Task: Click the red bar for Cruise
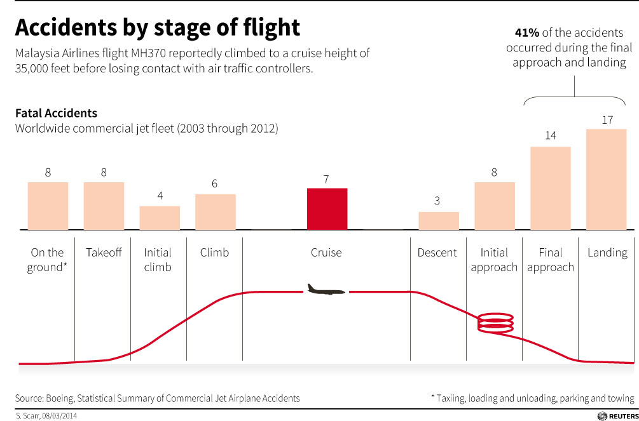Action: point(327,209)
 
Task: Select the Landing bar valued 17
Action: point(606,180)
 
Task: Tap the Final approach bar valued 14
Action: point(551,188)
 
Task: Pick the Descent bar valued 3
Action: point(439,221)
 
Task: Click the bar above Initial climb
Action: point(160,218)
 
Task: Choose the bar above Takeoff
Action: point(104,206)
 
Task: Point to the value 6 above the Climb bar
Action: point(215,184)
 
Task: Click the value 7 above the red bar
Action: point(326,179)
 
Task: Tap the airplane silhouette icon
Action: point(326,290)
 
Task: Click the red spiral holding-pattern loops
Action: point(497,322)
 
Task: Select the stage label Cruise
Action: point(326,253)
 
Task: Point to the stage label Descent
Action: point(437,253)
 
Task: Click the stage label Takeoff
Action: point(104,253)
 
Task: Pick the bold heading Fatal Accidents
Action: point(56,113)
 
